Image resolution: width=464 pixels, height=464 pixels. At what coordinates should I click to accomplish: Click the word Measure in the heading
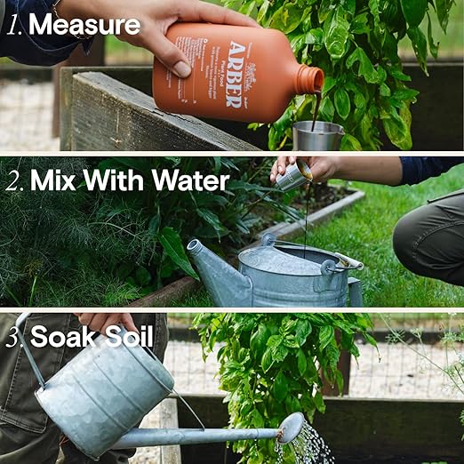(x=84, y=24)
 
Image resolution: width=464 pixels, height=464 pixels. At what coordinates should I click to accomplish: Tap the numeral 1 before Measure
(x=14, y=24)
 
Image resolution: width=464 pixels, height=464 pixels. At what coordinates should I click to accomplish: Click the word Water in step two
(x=189, y=180)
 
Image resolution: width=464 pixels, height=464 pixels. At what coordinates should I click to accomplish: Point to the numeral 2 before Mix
(x=14, y=180)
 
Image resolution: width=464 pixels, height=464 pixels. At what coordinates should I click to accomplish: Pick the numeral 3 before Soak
(x=14, y=337)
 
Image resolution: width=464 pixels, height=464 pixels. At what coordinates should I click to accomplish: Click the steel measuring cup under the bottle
(x=317, y=135)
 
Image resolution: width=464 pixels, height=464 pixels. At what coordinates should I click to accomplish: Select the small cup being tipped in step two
(x=294, y=175)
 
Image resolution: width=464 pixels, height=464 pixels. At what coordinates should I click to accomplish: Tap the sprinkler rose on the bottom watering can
(x=290, y=428)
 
